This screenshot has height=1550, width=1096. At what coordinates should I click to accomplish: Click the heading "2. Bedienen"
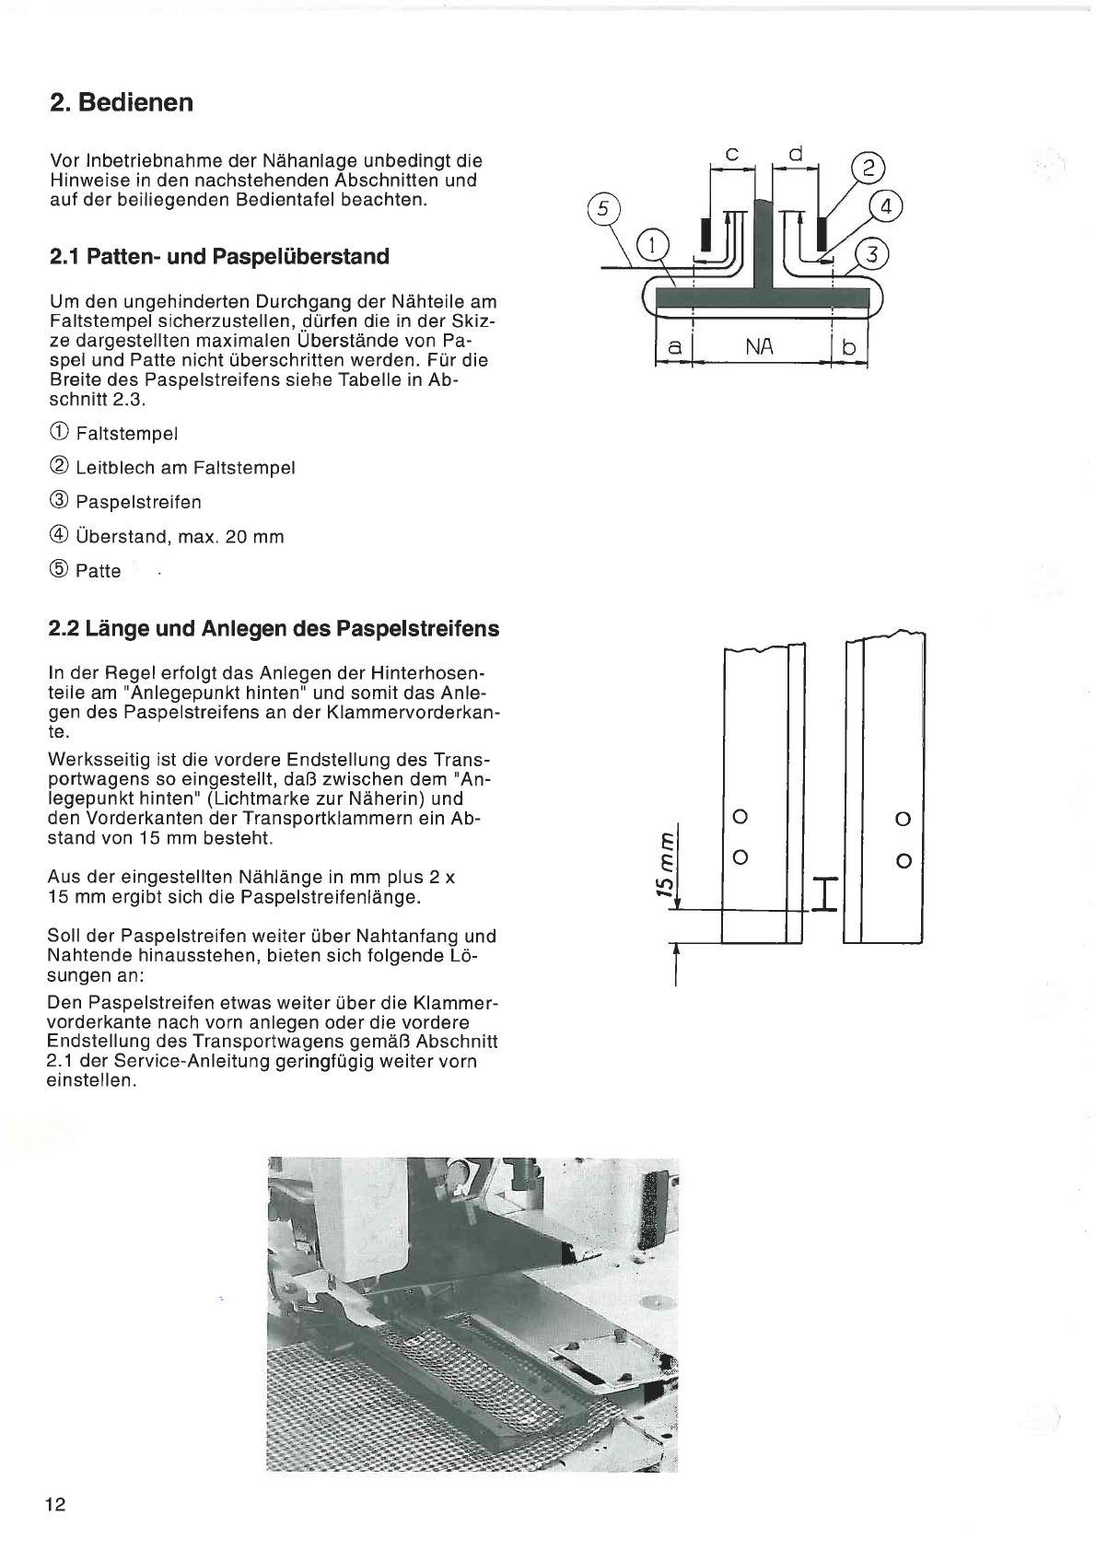pyautogui.click(x=122, y=102)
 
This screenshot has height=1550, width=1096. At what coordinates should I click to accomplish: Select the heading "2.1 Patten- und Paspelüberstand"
pyautogui.click(x=219, y=257)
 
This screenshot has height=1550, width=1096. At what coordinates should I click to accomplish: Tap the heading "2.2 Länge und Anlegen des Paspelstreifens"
pyautogui.click(x=274, y=629)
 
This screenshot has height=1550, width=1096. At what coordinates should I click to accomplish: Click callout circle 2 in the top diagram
pyautogui.click(x=869, y=169)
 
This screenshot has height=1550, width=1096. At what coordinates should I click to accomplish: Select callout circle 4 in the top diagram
pyautogui.click(x=885, y=207)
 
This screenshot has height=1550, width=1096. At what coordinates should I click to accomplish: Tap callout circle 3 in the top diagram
pyautogui.click(x=871, y=255)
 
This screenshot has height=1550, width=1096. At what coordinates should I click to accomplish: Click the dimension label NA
pyautogui.click(x=759, y=347)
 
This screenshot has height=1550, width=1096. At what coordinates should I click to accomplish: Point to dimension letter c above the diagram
pyautogui.click(x=731, y=155)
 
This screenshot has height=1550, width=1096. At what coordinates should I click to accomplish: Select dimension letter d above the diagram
pyautogui.click(x=796, y=153)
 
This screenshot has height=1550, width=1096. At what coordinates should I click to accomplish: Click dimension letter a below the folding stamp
pyautogui.click(x=674, y=348)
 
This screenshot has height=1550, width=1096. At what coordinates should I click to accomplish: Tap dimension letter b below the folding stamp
pyautogui.click(x=848, y=347)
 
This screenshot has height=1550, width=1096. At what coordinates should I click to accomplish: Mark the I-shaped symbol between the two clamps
pyautogui.click(x=824, y=894)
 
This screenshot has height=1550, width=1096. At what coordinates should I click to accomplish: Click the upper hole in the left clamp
pyautogui.click(x=740, y=817)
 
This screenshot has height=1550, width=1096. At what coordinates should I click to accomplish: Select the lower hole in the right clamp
pyautogui.click(x=903, y=861)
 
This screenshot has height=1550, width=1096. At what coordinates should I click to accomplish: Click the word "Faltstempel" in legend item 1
pyautogui.click(x=126, y=434)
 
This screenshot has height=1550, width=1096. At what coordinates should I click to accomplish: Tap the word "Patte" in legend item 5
pyautogui.click(x=99, y=571)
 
